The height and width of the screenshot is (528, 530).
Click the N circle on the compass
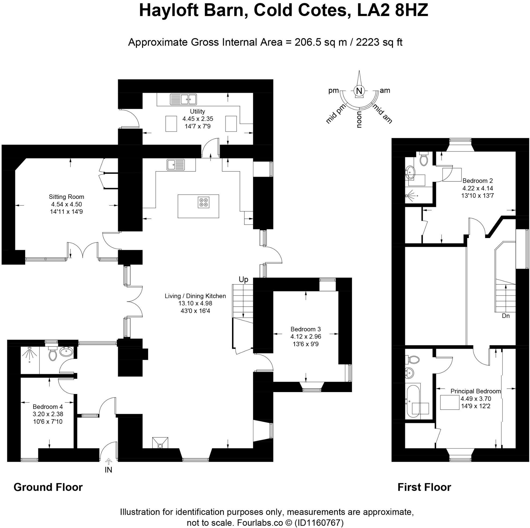(359, 91)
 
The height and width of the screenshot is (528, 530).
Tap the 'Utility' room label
(197, 111)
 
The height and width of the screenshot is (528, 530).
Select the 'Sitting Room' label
(66, 197)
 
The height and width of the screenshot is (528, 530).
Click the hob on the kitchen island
(204, 202)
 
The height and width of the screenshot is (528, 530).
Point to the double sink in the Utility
(183, 99)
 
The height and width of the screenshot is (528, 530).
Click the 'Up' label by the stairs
(243, 279)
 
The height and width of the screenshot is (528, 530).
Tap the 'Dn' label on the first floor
(506, 316)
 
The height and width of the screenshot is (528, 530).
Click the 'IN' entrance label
(108, 470)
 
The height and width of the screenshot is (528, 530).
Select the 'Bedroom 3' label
(306, 329)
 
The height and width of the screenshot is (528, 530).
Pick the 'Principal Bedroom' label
(476, 391)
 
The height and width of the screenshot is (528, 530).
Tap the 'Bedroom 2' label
(477, 181)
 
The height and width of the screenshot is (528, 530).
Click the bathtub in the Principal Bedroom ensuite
(413, 402)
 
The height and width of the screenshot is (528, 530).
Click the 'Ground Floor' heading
(48, 487)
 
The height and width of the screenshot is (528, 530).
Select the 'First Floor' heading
(424, 487)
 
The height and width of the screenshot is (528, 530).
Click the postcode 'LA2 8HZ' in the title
(393, 11)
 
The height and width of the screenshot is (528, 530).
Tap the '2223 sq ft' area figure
(379, 42)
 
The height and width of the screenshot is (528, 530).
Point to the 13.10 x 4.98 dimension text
(195, 303)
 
